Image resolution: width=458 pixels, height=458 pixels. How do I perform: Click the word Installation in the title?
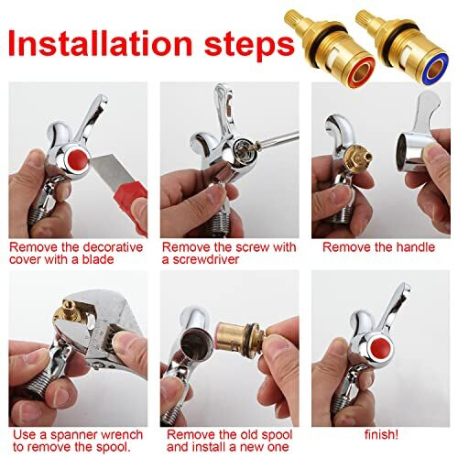point(100,43)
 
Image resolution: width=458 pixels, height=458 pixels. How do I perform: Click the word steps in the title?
point(249,47)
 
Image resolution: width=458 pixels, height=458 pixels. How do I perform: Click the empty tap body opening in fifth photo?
point(194,345)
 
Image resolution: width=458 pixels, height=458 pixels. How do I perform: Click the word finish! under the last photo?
point(381,434)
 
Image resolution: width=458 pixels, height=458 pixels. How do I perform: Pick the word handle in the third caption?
point(416,247)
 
